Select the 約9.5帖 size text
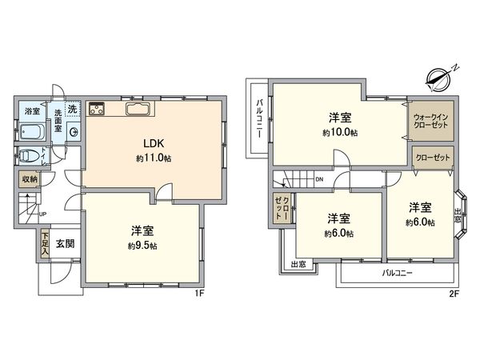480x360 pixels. coord(143,246)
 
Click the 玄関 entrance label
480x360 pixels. coord(65,243)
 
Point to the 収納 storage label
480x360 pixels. coord(29,179)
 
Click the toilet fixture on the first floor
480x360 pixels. coord(30,154)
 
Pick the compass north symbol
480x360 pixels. coord(440,77)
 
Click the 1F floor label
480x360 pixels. coord(203,294)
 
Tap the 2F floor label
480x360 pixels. coord(453,294)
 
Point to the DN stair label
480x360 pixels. coord(319,179)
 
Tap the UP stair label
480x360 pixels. coord(42,214)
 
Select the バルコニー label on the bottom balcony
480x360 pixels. coord(392,273)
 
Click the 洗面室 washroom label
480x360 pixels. coord(58,120)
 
